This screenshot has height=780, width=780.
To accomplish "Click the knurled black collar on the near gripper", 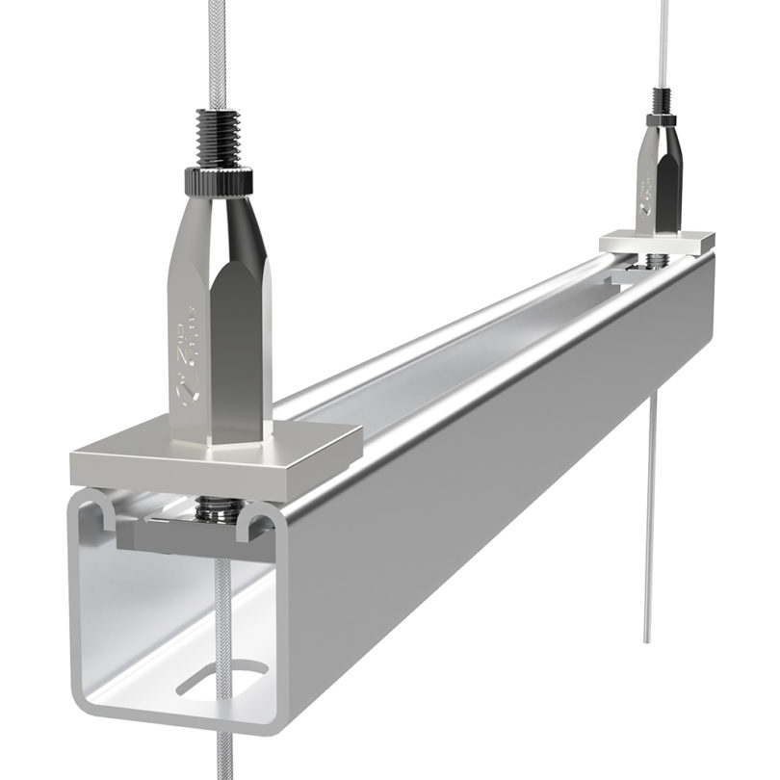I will pyautogui.click(x=221, y=178).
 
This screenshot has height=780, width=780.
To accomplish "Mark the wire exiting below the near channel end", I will pyautogui.click(x=224, y=751).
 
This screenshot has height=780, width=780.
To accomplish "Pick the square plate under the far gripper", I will pyautogui.click(x=658, y=241).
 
